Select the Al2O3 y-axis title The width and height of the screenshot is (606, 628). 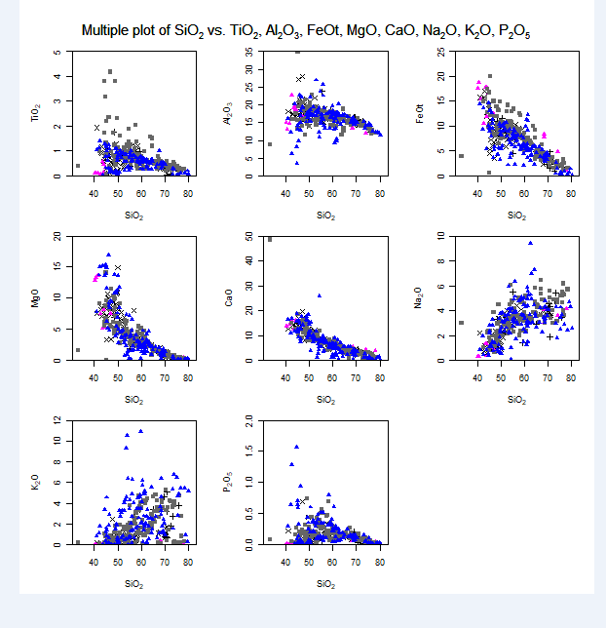click(228, 114)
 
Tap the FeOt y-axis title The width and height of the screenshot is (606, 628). click(420, 114)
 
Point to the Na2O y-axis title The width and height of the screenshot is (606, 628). click(420, 298)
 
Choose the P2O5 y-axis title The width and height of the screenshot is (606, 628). click(228, 482)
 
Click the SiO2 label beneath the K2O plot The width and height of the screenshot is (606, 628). click(133, 583)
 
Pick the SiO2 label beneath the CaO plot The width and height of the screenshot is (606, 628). click(325, 399)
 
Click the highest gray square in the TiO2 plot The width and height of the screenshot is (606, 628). click(111, 71)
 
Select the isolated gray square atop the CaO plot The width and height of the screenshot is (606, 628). click(270, 239)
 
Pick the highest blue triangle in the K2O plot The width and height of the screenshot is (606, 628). click(141, 431)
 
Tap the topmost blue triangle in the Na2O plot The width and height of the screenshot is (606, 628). click(531, 243)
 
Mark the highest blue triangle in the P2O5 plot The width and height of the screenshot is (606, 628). click(296, 447)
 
